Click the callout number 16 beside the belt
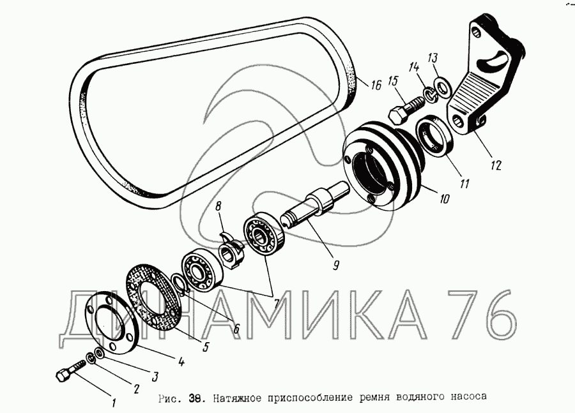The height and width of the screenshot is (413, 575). [376, 85]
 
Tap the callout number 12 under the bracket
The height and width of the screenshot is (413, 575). [495, 165]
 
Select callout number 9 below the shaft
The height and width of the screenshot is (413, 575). [336, 264]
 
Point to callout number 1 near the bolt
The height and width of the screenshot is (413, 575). [114, 403]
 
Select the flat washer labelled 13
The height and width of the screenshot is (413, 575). [443, 88]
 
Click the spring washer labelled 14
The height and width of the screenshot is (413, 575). [431, 95]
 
